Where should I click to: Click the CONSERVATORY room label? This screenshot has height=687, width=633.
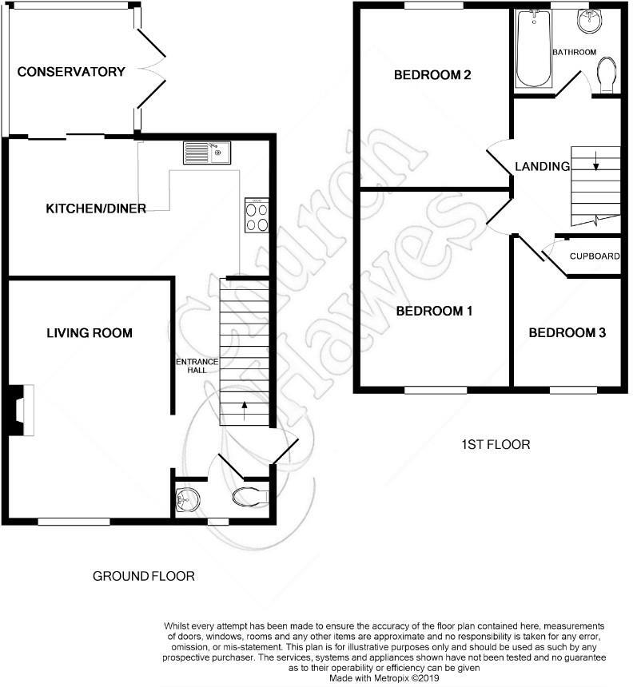pyautogui.click(x=71, y=72)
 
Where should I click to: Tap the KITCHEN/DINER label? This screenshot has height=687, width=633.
pyautogui.click(x=95, y=209)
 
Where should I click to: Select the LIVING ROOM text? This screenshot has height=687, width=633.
pyautogui.click(x=89, y=332)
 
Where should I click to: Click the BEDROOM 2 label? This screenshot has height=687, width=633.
pyautogui.click(x=432, y=76)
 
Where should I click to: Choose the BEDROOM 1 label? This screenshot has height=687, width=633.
pyautogui.click(x=434, y=311)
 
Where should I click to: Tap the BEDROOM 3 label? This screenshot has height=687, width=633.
pyautogui.click(x=566, y=332)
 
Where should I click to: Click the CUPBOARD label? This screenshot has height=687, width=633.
pyautogui.click(x=594, y=256)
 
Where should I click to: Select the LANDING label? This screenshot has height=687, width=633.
pyautogui.click(x=542, y=167)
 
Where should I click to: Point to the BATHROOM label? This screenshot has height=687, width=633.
pyautogui.click(x=574, y=53)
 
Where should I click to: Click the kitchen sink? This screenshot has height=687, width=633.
pyautogui.click(x=206, y=152)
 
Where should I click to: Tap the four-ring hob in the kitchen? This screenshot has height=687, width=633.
pyautogui.click(x=257, y=216)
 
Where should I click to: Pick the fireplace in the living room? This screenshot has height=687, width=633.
pyautogui.click(x=20, y=410)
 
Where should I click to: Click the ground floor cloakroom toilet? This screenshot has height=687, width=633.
pyautogui.click(x=249, y=497)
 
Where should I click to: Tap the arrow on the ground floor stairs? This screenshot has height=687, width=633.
pyautogui.click(x=245, y=410)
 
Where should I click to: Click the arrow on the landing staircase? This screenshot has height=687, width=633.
pyautogui.click(x=595, y=165)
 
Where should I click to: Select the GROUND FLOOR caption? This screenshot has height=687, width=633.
pyautogui.click(x=143, y=576)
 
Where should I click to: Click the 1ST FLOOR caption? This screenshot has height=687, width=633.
pyautogui.click(x=496, y=444)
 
